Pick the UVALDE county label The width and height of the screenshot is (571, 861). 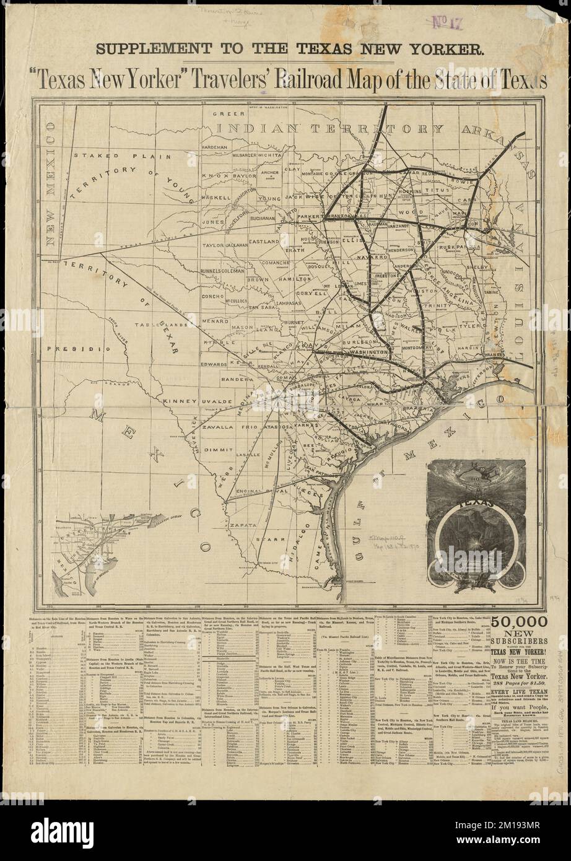217,402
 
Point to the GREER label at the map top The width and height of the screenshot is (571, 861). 222,115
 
